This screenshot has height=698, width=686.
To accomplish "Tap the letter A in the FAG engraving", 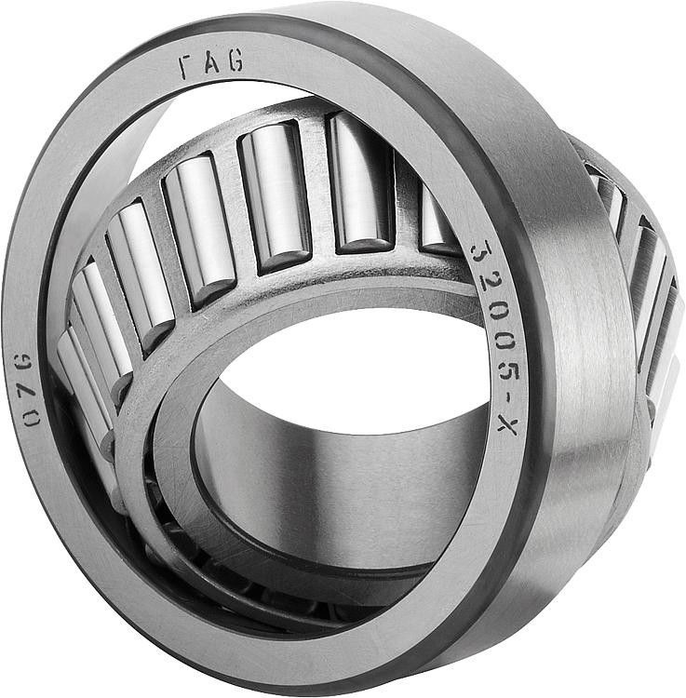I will (x=208, y=64).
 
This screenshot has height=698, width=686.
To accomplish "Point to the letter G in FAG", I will (x=234, y=62).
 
